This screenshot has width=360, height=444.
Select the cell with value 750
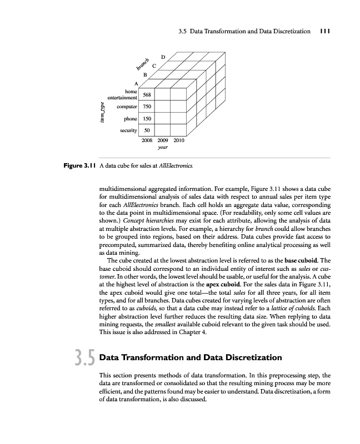pos(147,107)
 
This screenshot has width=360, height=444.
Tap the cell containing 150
pos(147,119)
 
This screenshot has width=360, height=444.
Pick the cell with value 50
pos(147,131)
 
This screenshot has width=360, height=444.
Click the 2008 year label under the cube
pos(148,141)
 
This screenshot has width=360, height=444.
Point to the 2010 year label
pos(179,141)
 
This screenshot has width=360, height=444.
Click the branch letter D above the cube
pos(163,57)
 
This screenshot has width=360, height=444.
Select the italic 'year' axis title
pos(163,148)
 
